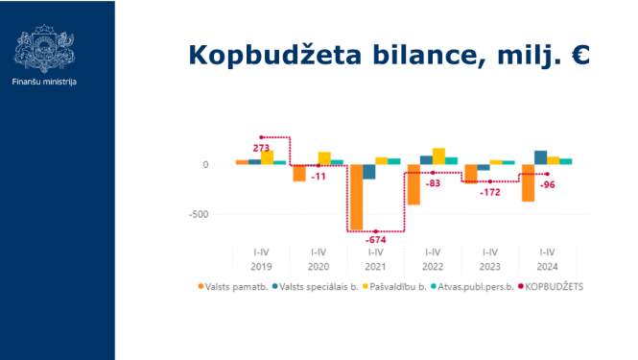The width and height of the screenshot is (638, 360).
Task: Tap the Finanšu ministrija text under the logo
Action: click(x=44, y=82)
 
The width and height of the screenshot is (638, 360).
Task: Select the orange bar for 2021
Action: click(x=356, y=197)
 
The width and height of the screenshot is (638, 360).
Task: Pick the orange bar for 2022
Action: click(x=414, y=184)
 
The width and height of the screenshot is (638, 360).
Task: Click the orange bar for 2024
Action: click(x=528, y=182)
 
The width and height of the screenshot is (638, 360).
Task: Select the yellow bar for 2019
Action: click(x=268, y=157)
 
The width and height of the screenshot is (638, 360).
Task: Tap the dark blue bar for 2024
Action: click(x=541, y=157)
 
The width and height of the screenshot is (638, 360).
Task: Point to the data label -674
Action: click(x=375, y=240)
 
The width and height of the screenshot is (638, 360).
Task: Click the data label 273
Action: click(x=261, y=148)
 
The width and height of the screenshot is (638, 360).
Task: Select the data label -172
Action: click(x=490, y=193)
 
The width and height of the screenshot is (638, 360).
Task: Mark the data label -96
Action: click(x=548, y=184)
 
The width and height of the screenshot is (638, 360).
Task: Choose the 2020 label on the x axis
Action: click(x=318, y=266)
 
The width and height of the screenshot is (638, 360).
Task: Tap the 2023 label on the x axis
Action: click(x=490, y=266)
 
